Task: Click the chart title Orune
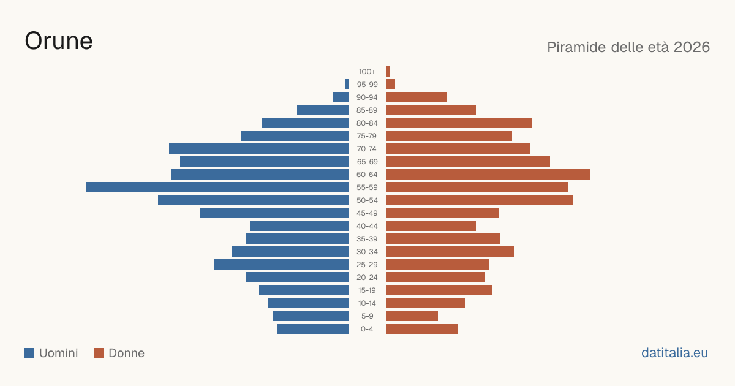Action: [59, 41]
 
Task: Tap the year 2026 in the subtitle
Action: [692, 47]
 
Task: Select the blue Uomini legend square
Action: [29, 353]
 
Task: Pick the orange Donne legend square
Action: [99, 353]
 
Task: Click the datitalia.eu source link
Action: [674, 353]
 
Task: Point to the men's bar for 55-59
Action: [217, 187]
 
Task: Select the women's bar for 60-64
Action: [488, 174]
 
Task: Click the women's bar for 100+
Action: [388, 71]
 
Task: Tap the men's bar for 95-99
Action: [347, 84]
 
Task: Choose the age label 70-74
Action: [367, 149]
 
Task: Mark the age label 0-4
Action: [367, 329]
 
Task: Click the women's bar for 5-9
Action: [412, 316]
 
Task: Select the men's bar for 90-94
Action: [341, 97]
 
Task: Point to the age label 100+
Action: [367, 72]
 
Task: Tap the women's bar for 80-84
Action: [459, 123]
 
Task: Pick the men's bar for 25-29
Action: [281, 265]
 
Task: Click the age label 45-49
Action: [367, 213]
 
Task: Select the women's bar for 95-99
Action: [391, 84]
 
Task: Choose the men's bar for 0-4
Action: [313, 328]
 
